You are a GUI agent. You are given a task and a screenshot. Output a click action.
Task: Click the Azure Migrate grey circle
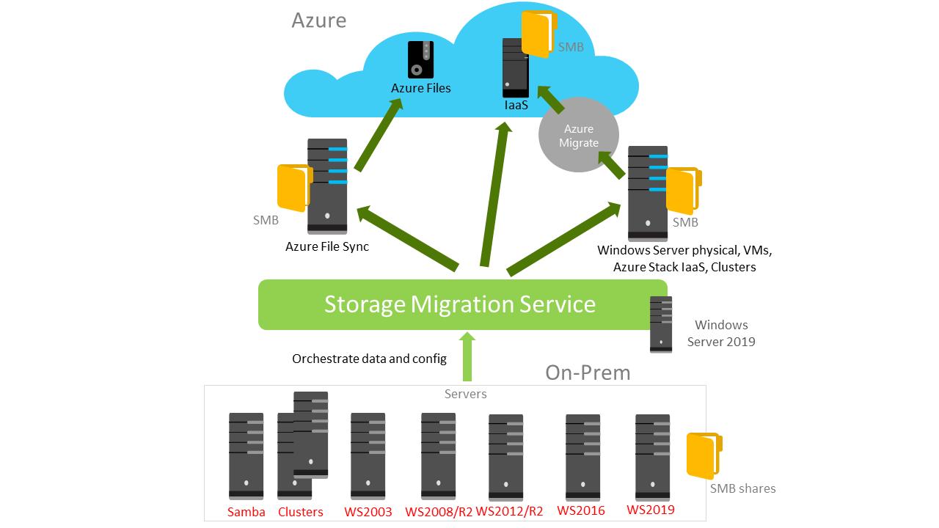point(579,136)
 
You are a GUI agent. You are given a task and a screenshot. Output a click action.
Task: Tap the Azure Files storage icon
point(421,60)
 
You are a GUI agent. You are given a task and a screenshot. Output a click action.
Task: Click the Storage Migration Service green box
point(462,304)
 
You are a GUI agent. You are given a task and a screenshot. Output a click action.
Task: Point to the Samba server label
point(246,512)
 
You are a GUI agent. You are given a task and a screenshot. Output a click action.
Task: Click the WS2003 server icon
point(368,455)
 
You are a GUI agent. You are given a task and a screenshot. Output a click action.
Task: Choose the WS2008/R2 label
point(439,512)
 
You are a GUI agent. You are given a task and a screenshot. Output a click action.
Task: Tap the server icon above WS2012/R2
point(505,456)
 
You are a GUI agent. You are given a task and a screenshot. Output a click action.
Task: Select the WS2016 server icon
point(582,455)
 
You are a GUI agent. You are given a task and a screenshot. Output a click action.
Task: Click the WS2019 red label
point(651,510)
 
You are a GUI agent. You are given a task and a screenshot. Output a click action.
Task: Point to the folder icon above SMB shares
point(704,456)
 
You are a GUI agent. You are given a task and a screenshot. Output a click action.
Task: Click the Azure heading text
point(318,20)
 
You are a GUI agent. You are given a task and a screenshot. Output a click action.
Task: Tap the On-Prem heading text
point(588,373)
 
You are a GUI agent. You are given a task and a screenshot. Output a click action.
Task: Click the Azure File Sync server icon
point(327,186)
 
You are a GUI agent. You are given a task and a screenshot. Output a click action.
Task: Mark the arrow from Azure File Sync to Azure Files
point(379,135)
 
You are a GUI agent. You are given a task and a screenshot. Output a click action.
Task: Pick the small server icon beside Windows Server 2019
point(661,324)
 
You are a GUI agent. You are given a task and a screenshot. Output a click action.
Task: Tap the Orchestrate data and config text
point(369,359)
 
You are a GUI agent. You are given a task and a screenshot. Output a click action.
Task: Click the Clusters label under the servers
point(300,512)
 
